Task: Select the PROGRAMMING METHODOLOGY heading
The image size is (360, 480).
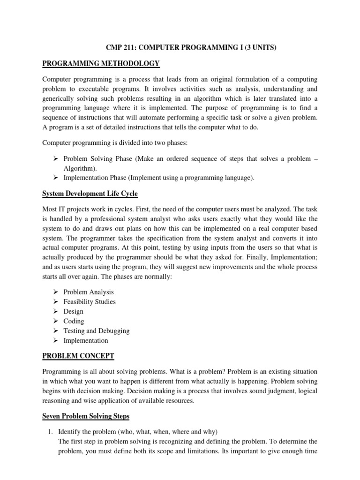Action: [101, 63]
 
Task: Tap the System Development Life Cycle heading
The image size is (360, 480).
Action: [90, 194]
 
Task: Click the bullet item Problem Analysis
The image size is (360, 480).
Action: [89, 292]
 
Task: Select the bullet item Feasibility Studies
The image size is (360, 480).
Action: [90, 302]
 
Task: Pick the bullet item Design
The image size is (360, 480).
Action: [74, 312]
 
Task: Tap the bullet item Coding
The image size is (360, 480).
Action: [74, 321]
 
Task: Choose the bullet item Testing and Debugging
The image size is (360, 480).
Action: [97, 331]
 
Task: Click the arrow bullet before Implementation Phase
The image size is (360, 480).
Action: [55, 178]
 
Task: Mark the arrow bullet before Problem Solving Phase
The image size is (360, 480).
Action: [55, 159]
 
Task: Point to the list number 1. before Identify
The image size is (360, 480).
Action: [49, 431]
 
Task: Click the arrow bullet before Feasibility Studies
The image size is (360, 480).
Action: [55, 302]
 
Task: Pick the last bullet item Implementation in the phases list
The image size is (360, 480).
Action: [86, 341]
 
